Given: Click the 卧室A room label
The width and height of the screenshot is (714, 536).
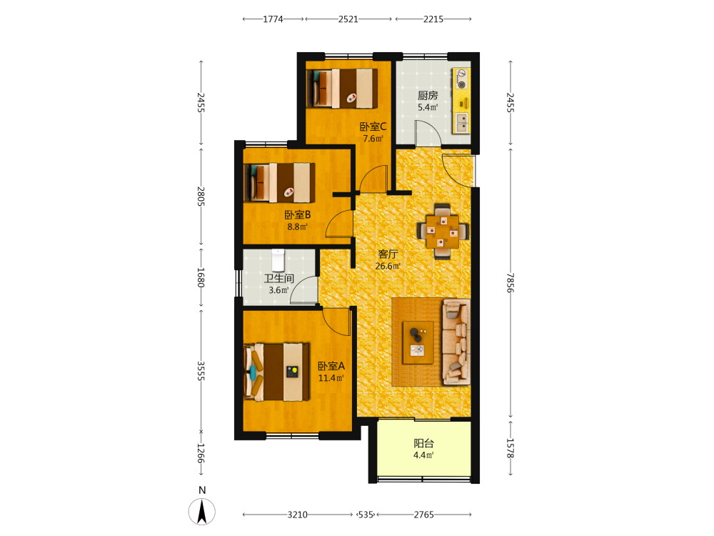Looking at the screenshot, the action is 331,366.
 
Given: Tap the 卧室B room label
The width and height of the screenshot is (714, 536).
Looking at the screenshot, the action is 297,214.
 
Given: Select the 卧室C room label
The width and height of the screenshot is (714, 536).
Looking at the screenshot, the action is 373,126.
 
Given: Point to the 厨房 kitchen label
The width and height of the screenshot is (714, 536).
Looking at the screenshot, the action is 428,95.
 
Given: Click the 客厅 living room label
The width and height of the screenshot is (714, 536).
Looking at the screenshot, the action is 388,254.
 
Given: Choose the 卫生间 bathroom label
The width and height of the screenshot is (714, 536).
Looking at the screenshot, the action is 278,279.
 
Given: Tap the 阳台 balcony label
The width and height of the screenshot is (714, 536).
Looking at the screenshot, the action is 423,443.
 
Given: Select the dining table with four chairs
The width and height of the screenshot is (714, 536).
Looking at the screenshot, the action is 443,232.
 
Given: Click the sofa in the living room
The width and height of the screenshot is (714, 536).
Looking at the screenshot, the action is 456,342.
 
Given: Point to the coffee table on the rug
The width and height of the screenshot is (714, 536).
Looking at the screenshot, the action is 418,342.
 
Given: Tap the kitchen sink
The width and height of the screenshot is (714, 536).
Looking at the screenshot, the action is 462,121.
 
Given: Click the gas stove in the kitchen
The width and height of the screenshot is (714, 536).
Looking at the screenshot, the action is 462,79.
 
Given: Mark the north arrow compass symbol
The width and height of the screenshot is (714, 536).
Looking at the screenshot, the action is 202,511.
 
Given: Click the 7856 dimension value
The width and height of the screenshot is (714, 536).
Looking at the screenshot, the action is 511,283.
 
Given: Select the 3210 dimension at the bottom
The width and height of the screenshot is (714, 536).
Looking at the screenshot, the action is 297,515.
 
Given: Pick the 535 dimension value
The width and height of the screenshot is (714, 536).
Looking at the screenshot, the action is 366,515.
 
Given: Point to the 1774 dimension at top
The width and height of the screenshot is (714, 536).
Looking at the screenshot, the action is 273,19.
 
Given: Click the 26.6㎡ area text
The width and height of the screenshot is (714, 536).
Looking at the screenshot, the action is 388,266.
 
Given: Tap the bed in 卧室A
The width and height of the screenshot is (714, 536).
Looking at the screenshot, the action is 276,372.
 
